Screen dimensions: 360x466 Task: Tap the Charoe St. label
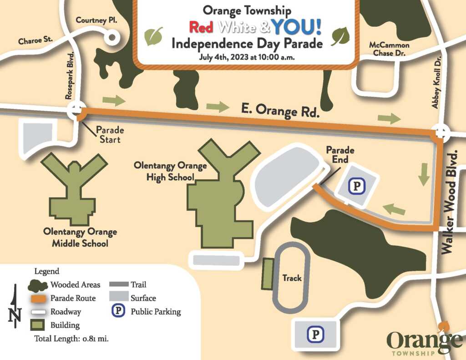pyautogui.click(x=35, y=41)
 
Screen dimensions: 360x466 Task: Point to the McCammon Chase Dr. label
pyautogui.click(x=389, y=49)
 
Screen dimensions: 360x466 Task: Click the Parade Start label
pyautogui.click(x=110, y=135)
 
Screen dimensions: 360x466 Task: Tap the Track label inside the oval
pyautogui.click(x=292, y=278)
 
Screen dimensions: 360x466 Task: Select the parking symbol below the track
pyautogui.click(x=314, y=335)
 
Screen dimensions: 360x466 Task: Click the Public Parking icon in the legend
pyautogui.click(x=118, y=311)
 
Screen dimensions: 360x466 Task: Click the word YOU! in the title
pyautogui.click(x=297, y=27)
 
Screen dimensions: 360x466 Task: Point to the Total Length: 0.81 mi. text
pyautogui.click(x=71, y=339)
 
